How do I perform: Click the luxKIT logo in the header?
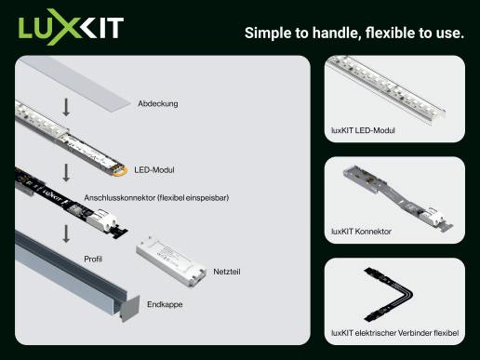(71, 27)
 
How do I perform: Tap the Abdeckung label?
(158, 103)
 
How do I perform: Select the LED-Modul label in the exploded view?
(154, 170)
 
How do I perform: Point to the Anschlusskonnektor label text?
(156, 197)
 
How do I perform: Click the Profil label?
(93, 259)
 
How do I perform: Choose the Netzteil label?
(227, 272)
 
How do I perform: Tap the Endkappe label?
(165, 304)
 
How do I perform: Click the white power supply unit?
(171, 260)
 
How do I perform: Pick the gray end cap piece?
(129, 309)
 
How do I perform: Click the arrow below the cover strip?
(66, 107)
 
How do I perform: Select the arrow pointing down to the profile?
(66, 233)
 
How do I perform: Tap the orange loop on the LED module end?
(121, 171)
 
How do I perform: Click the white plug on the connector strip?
(102, 220)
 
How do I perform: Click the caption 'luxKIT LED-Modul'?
(363, 130)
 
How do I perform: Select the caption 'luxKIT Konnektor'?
(361, 232)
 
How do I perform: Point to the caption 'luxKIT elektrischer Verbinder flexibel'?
(395, 333)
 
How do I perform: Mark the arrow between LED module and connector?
(66, 172)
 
